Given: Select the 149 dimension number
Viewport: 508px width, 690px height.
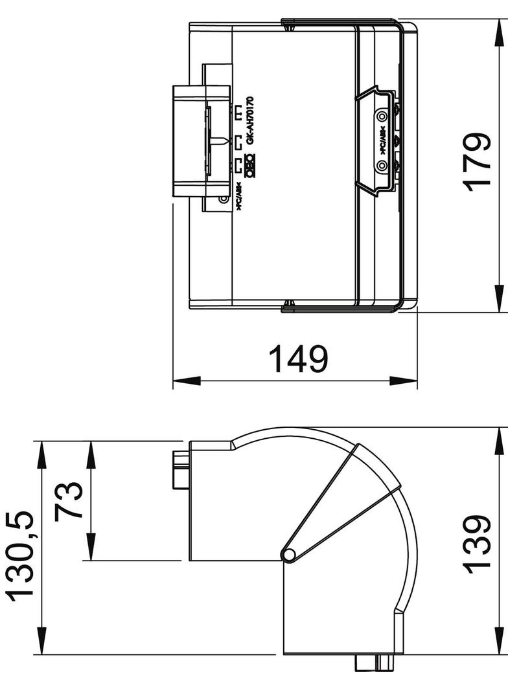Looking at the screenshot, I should (298, 359).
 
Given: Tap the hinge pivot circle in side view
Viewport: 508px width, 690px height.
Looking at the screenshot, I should (289, 554).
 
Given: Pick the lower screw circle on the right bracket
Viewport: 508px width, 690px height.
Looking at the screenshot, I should (382, 166).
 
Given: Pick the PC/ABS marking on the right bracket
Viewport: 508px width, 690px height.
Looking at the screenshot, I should (382, 140).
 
